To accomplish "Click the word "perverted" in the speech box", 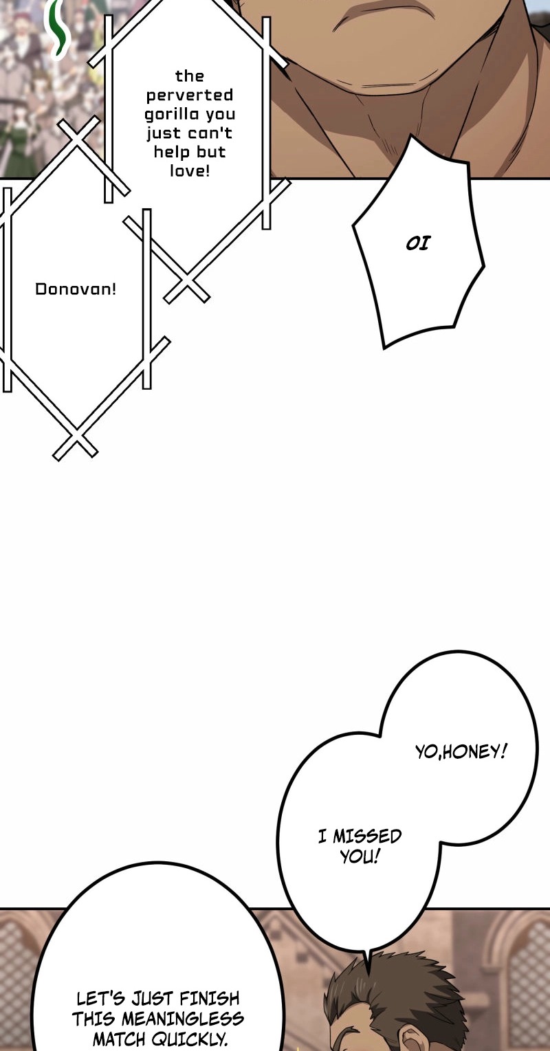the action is point(190,96).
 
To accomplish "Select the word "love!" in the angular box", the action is point(190,170).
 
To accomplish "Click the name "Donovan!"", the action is point(76,289).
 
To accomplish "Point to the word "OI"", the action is point(417,243).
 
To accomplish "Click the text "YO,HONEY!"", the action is point(461,753).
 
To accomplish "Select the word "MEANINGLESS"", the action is point(183,1019).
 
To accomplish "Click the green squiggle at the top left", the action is point(58,28).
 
